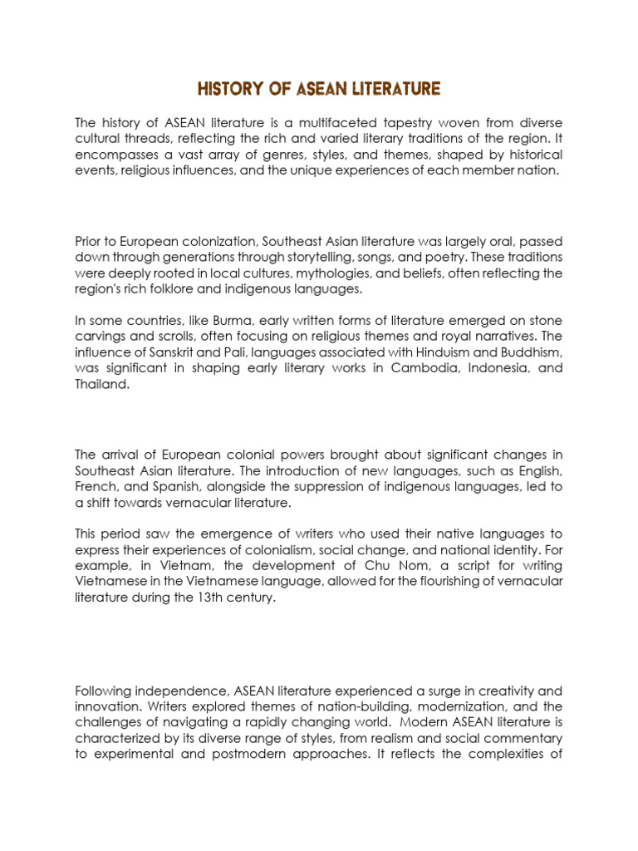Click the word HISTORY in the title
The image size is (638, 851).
click(227, 89)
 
